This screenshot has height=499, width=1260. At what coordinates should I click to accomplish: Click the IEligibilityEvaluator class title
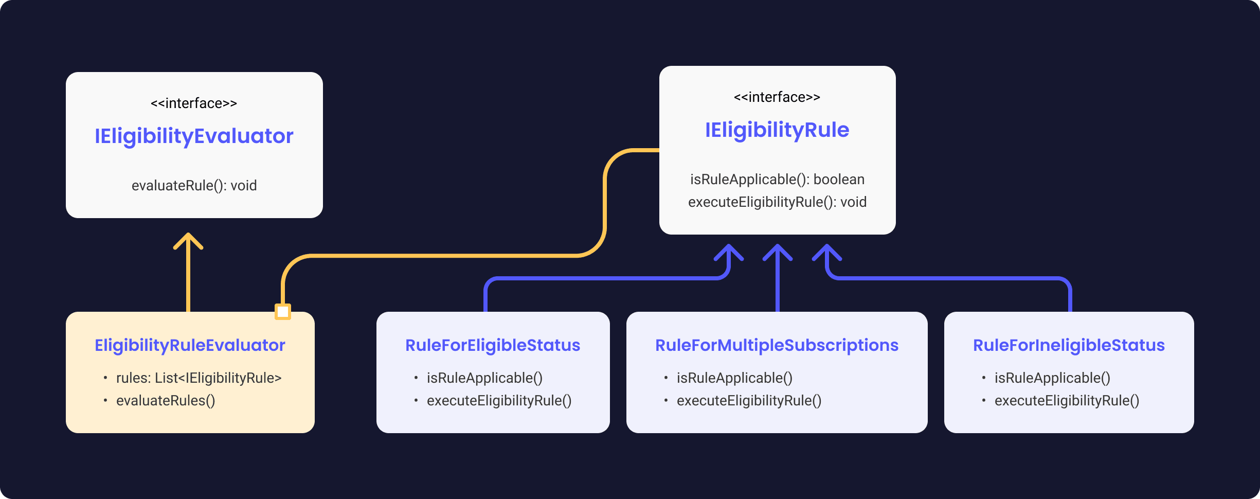[194, 136]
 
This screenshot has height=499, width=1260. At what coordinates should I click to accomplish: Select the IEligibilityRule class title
[777, 130]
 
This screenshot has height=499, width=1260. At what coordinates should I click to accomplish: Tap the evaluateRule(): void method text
[194, 186]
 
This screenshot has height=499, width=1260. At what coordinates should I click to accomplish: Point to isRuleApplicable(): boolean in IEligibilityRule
[777, 180]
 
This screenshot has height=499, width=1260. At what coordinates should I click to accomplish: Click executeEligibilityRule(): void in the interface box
[777, 202]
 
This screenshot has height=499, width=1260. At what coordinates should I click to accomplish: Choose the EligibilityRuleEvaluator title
[190, 345]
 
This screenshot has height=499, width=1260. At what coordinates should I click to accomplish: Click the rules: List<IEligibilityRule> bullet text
[199, 378]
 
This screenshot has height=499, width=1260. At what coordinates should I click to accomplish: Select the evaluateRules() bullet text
[166, 401]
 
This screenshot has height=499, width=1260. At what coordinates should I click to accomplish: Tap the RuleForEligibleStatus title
[493, 345]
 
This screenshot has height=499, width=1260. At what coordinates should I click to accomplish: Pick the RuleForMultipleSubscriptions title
[777, 345]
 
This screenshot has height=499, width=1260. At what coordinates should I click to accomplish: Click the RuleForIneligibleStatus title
[1069, 345]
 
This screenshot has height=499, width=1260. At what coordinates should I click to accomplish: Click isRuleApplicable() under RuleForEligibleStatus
[484, 378]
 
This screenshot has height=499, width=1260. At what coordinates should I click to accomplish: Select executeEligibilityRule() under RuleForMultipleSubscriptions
[749, 401]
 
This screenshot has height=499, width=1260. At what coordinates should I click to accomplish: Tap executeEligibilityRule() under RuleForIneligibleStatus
[1067, 401]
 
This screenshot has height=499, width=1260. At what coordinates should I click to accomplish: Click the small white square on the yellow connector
[283, 312]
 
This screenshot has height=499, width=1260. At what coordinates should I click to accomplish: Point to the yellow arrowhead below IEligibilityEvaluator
[188, 241]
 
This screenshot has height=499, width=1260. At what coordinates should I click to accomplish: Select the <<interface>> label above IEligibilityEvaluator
[194, 103]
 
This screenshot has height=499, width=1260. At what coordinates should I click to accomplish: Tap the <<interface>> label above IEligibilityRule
[777, 97]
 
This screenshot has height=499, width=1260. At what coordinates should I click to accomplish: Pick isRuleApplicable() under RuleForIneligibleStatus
[1052, 378]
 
